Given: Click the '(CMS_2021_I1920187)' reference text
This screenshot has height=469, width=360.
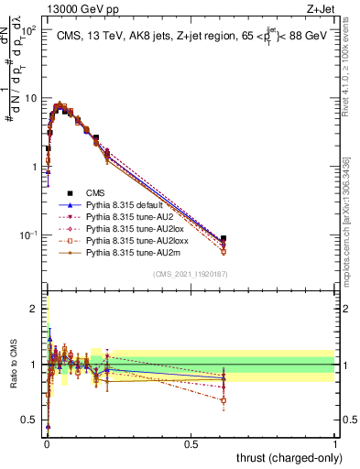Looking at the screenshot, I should [x=190, y=274].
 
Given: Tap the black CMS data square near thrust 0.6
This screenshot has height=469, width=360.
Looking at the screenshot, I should [x=224, y=239].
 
